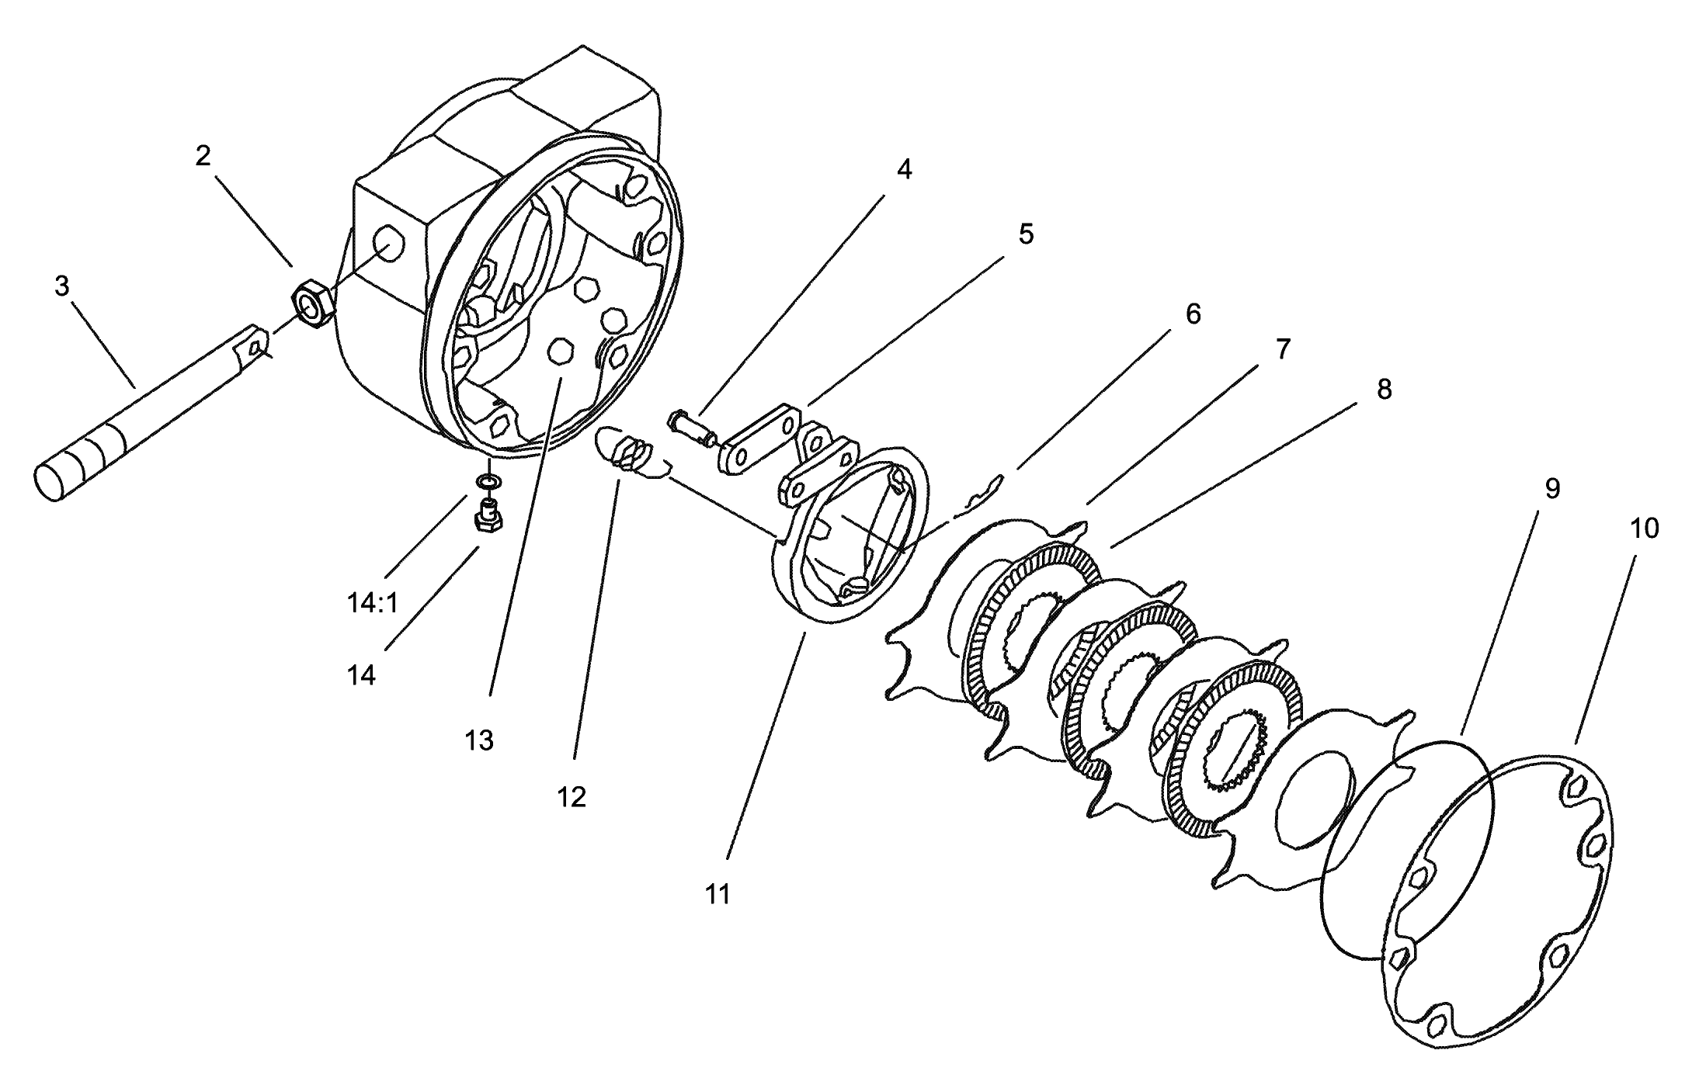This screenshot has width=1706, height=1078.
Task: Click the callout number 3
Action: pyautogui.click(x=61, y=286)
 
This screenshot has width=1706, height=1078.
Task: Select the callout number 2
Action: pyautogui.click(x=203, y=156)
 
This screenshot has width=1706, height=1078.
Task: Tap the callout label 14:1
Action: pyautogui.click(x=373, y=602)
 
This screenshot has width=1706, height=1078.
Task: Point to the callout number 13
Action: pyautogui.click(x=479, y=740)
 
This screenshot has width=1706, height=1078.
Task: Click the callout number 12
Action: pyautogui.click(x=571, y=797)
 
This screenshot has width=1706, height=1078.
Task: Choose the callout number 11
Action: pyautogui.click(x=717, y=895)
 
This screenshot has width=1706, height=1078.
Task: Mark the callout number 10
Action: pyautogui.click(x=1644, y=529)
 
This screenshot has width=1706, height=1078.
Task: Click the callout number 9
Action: pyautogui.click(x=1552, y=488)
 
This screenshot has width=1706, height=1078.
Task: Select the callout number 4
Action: pyautogui.click(x=904, y=169)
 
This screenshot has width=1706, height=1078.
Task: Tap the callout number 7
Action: pyautogui.click(x=1283, y=349)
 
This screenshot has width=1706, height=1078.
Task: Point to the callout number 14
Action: pyautogui.click(x=361, y=675)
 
